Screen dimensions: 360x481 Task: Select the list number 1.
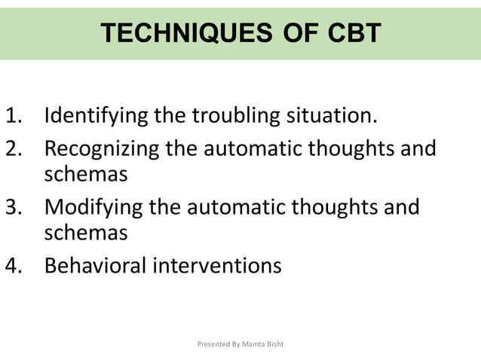16,117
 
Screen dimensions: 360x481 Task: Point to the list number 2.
16,148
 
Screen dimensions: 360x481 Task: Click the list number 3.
16,206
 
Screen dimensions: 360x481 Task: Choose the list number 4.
16,265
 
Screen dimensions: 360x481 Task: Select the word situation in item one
329,117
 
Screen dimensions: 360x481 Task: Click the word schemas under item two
85,175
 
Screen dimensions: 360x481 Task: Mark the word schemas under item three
85,233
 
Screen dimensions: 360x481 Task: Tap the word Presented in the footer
213,344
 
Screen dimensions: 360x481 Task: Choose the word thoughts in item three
332,206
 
